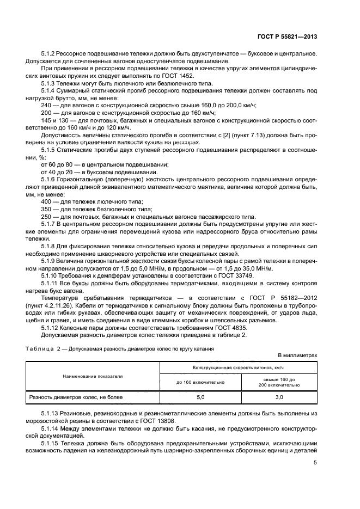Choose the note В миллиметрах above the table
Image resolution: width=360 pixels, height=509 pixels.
(x=297, y=355)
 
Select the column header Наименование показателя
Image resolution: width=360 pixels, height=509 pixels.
(x=92, y=376)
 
